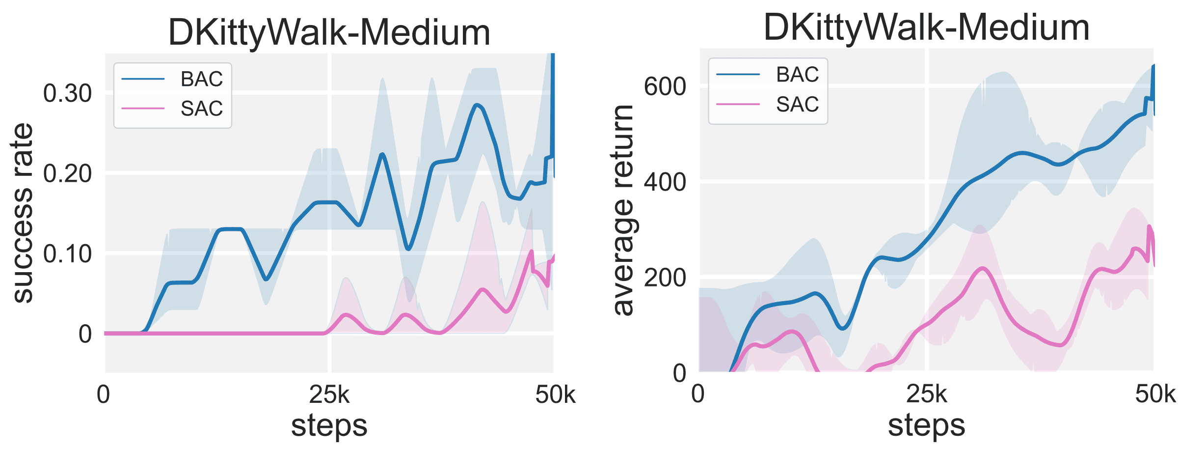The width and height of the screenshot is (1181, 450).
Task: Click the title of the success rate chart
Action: pos(329,32)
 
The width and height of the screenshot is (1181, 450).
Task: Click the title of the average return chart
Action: pos(926,28)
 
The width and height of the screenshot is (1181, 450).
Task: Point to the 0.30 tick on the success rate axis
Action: pos(67,93)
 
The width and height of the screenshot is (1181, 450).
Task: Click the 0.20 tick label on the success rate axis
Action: pos(67,174)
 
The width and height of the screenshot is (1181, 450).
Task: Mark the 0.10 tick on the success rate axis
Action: pos(67,254)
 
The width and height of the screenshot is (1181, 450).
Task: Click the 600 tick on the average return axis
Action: pos(665,87)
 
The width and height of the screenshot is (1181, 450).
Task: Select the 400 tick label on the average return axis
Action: pos(665,183)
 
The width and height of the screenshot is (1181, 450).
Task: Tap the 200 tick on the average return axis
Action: pos(665,278)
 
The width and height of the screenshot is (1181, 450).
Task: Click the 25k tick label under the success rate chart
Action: pos(329,394)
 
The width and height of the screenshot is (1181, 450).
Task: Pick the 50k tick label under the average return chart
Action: pos(1155,394)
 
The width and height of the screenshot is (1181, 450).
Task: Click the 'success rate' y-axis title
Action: pos(23,213)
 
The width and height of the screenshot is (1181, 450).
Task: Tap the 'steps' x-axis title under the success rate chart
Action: pos(329,425)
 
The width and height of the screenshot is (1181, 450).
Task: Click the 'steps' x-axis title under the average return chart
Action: pos(926,425)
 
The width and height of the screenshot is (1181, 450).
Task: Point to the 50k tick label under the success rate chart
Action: pos(555,394)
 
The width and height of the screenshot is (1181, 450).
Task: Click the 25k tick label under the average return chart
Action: pos(926,394)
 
